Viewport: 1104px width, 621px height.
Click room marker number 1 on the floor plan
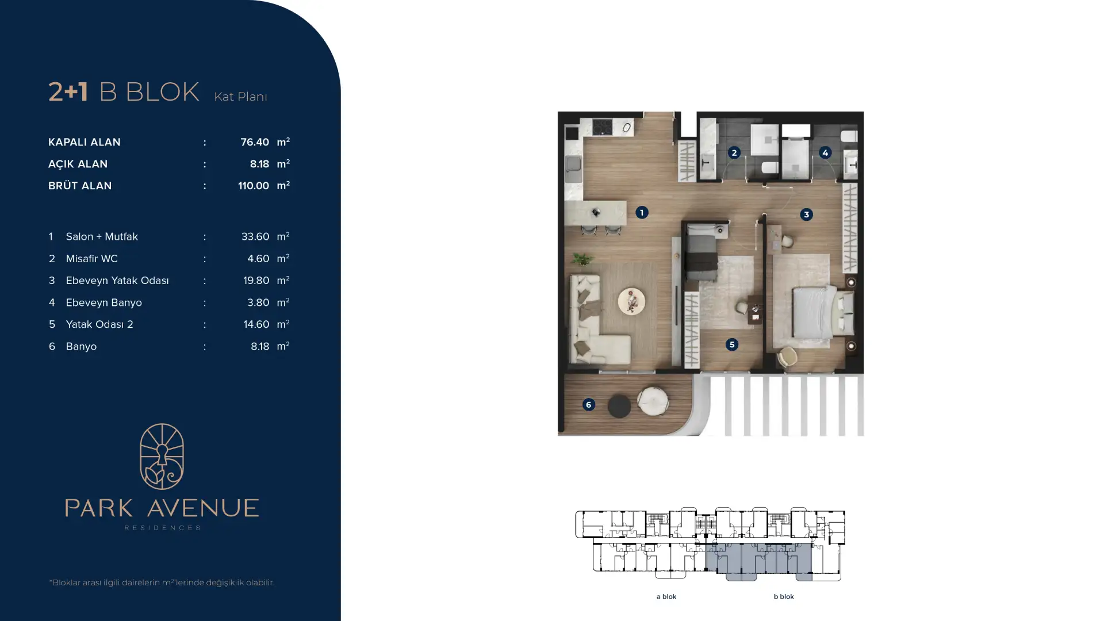[x=642, y=213]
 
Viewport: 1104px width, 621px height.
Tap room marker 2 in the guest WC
[x=734, y=153]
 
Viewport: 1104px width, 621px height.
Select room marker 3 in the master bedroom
[x=806, y=214]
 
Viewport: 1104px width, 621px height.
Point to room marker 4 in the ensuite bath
[x=825, y=153]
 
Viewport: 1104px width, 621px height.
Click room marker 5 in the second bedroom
[x=731, y=344]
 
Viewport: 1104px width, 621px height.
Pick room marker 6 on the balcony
[x=588, y=405]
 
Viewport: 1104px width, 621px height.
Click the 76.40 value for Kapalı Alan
[x=255, y=142]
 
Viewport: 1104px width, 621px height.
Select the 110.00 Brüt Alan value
[x=254, y=186]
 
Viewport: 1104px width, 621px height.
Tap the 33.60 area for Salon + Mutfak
[x=255, y=236]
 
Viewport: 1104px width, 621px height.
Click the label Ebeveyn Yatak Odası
[x=117, y=281]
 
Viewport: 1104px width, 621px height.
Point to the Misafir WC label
[x=91, y=259]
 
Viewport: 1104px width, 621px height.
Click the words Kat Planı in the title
[x=240, y=97]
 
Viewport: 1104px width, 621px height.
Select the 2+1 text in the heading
[x=68, y=92]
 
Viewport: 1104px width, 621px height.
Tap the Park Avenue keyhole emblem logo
[x=162, y=457]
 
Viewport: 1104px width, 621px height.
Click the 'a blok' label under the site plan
[x=666, y=597]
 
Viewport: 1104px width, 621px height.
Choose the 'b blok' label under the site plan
[x=784, y=597]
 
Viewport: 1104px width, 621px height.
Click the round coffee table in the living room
[x=631, y=301]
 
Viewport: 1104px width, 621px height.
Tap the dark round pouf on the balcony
[x=619, y=406]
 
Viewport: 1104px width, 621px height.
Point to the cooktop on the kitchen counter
[x=602, y=126]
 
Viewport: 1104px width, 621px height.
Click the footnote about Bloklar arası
[x=162, y=582]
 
